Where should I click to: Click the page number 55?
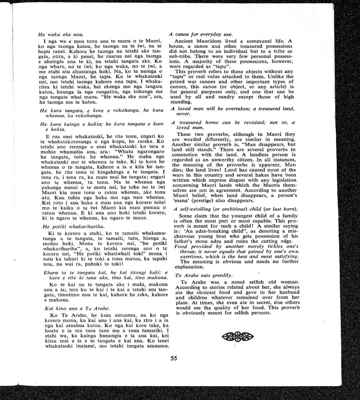(174, 358)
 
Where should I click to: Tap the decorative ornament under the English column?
(237, 337)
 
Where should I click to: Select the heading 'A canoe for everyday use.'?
(200, 34)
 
